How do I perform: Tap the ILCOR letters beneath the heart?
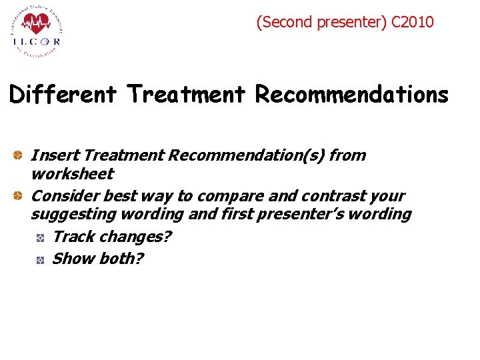click(36, 41)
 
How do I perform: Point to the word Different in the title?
click(63, 95)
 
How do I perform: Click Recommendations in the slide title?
click(352, 95)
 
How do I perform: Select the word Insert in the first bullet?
click(54, 155)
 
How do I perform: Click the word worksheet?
click(72, 174)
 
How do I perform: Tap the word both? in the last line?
click(120, 259)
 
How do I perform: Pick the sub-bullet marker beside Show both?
click(41, 259)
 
